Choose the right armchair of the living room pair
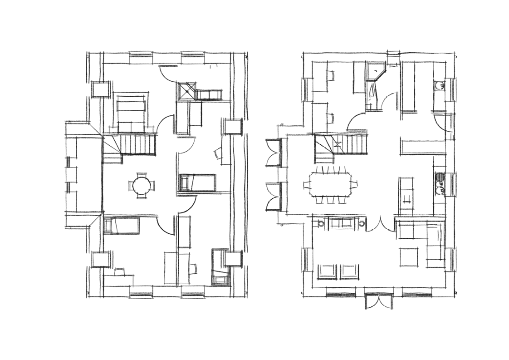pyautogui.click(x=350, y=271)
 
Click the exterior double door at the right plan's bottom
pyautogui.click(x=379, y=300)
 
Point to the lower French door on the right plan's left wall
pyautogui.click(x=275, y=196)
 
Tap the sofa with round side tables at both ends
pyautogui.click(x=343, y=223)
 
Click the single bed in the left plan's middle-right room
pyautogui.click(x=197, y=183)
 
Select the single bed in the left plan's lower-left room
pyautogui.click(x=122, y=225)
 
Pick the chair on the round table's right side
pyautogui.click(x=154, y=186)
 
